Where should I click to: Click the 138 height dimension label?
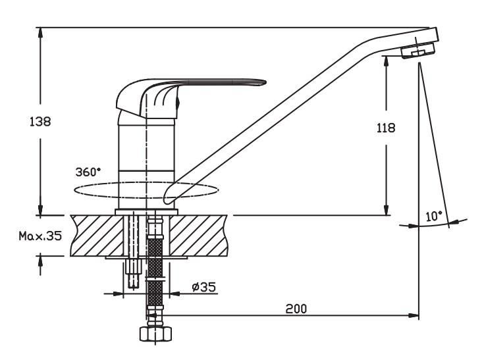pyautogui.click(x=40, y=122)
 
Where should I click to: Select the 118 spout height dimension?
pyautogui.click(x=386, y=128)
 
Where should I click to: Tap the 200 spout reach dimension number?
pyautogui.click(x=296, y=309)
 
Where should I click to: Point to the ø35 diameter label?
pyautogui.click(x=203, y=287)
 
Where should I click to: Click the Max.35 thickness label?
pyautogui.click(x=40, y=236)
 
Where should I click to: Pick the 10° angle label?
pyautogui.click(x=434, y=216)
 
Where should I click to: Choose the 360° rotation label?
pyautogui.click(x=88, y=172)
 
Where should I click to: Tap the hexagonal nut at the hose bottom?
pyautogui.click(x=155, y=334)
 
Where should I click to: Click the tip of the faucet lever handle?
pyautogui.click(x=265, y=82)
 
